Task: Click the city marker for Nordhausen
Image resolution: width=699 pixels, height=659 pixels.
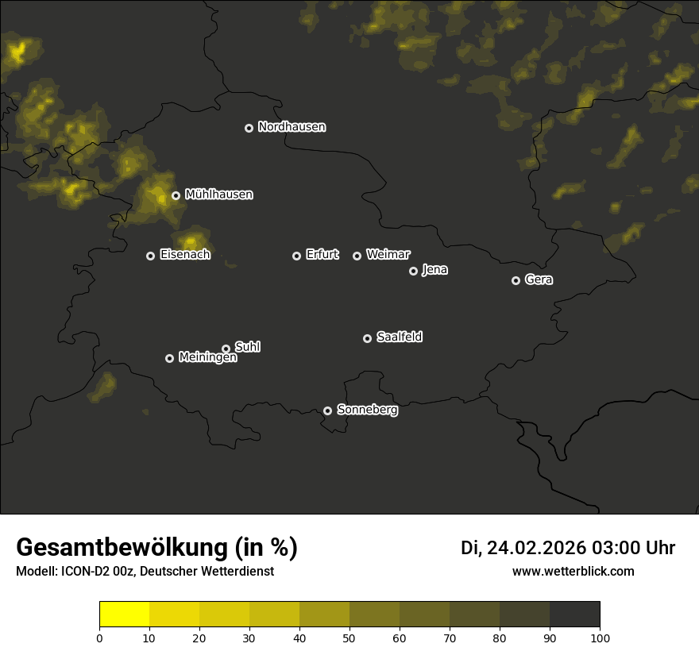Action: tap(249, 128)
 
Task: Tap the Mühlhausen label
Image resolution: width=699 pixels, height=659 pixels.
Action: tap(218, 195)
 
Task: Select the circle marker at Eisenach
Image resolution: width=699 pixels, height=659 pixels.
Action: tap(150, 256)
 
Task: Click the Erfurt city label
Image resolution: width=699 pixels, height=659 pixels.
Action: tap(322, 255)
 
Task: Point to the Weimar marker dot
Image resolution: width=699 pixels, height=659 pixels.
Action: tap(357, 256)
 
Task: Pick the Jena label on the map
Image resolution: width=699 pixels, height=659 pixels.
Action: tap(434, 270)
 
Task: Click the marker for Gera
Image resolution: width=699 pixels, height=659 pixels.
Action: tap(516, 280)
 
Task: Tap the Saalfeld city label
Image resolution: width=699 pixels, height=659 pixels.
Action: tap(399, 337)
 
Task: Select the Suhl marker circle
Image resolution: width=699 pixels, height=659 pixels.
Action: tap(226, 349)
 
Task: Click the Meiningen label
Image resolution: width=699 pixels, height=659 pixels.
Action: tap(207, 358)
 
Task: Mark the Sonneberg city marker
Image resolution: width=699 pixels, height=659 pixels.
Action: tap(327, 410)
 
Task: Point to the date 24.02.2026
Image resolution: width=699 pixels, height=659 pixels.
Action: tap(536, 548)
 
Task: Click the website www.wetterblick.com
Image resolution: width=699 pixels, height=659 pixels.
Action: tap(573, 571)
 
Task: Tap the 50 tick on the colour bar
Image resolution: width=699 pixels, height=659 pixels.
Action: tap(349, 638)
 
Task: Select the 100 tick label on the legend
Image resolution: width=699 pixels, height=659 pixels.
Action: tap(600, 638)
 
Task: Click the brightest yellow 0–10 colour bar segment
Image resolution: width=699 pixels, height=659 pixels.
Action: tap(125, 615)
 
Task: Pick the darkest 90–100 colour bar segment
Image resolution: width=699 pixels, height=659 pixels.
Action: tap(574, 615)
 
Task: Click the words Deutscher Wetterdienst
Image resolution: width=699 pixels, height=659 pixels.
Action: tap(206, 572)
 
